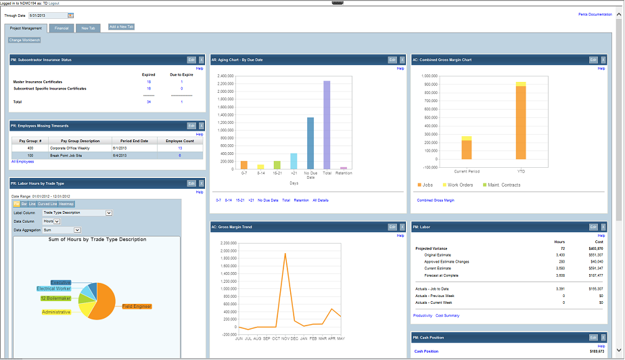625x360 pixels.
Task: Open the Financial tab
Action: click(x=62, y=28)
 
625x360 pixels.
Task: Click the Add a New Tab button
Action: click(x=122, y=26)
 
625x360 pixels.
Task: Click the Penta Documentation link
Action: click(x=595, y=14)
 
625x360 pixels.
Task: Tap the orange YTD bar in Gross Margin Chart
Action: click(x=520, y=123)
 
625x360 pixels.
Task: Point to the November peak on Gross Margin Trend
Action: click(x=285, y=254)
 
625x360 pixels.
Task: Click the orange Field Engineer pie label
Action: click(x=137, y=307)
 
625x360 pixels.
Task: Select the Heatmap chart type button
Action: click(x=66, y=204)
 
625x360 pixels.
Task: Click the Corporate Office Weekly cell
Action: click(x=78, y=148)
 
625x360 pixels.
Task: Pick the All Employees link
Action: click(x=22, y=162)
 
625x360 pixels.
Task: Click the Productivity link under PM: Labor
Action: click(x=422, y=315)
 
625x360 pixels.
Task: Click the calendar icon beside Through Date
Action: click(x=71, y=15)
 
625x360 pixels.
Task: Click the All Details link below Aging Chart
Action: click(x=321, y=200)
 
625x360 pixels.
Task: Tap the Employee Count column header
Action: click(x=180, y=140)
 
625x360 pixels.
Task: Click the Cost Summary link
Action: click(x=447, y=315)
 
